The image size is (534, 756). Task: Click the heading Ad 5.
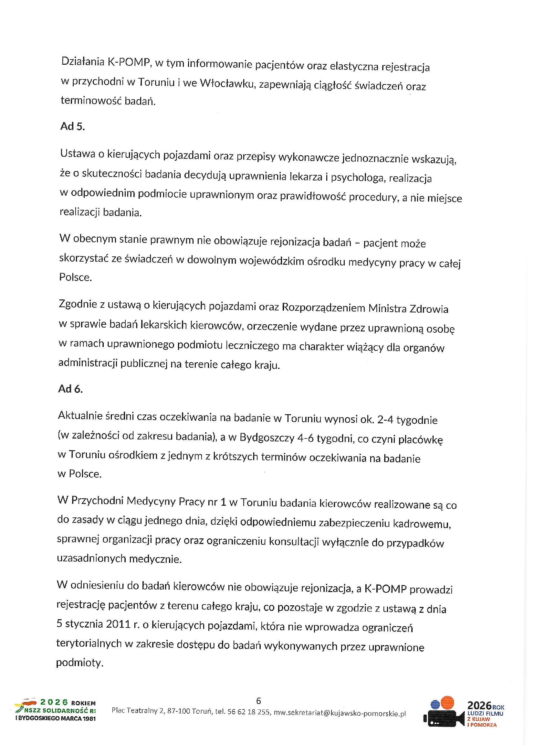coord(72,126)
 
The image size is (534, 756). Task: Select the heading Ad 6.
coord(70,389)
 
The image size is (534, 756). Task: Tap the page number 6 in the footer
coord(258,701)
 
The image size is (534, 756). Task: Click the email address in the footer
coord(340,713)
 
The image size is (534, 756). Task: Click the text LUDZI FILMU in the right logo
coord(485,713)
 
